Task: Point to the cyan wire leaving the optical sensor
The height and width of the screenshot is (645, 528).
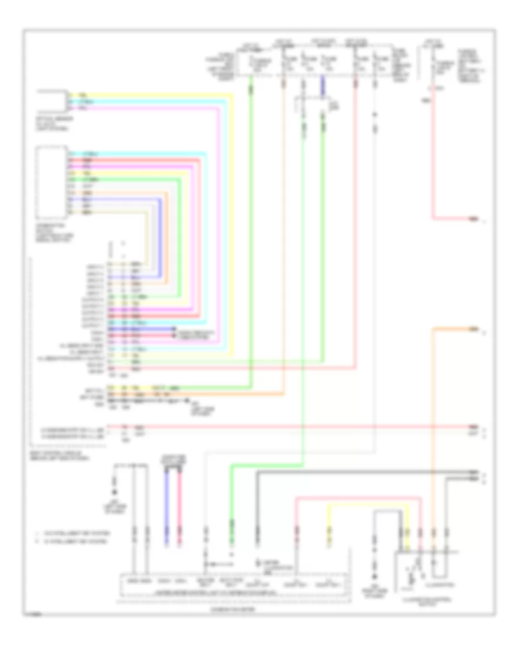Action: tap(147, 101)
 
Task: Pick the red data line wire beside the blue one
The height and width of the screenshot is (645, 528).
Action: tap(180, 504)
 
